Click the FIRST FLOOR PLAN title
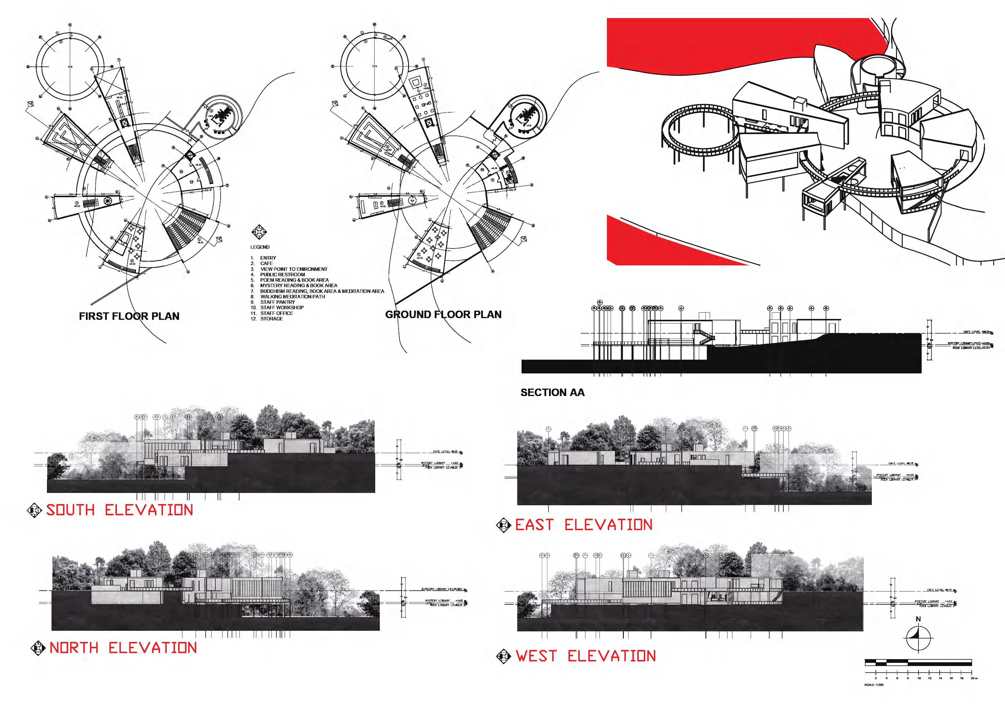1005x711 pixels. click(x=129, y=316)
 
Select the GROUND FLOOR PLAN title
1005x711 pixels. click(x=444, y=315)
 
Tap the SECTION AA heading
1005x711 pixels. click(x=552, y=393)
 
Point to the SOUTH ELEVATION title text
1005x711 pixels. click(x=120, y=510)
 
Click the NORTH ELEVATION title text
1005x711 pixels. click(x=123, y=648)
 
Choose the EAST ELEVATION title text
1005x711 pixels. click(x=583, y=525)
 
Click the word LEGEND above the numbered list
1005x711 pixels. click(x=260, y=247)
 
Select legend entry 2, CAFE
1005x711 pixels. click(x=266, y=263)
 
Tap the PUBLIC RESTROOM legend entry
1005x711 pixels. click(x=282, y=275)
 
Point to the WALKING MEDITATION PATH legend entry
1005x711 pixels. click(x=292, y=297)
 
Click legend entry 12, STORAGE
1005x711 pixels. click(x=271, y=318)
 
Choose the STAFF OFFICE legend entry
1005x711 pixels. click(x=277, y=313)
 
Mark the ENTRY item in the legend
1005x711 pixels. click(x=268, y=258)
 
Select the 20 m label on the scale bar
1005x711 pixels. click(x=973, y=678)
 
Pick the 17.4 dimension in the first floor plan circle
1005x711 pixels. click(x=69, y=67)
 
